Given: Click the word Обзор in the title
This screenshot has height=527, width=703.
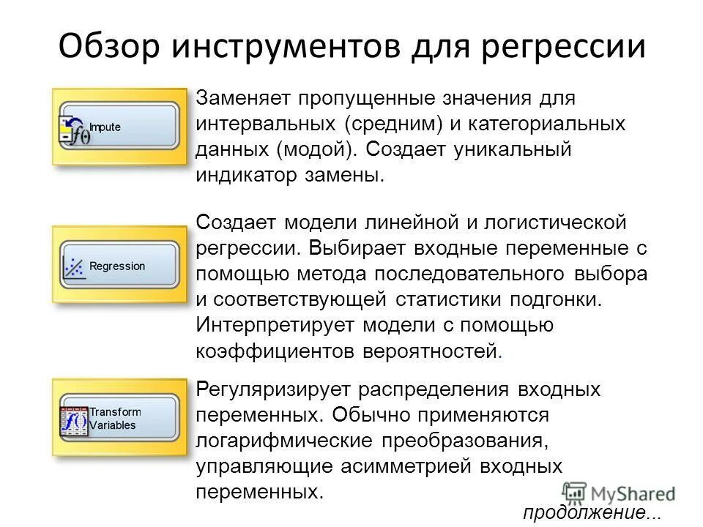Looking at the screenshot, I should (108, 46).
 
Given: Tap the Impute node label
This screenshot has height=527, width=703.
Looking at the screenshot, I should (105, 127).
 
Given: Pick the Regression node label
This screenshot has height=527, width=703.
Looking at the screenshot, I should (117, 266).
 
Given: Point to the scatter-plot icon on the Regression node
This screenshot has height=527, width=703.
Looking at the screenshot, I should (74, 266).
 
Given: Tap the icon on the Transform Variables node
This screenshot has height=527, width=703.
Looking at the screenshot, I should (73, 421).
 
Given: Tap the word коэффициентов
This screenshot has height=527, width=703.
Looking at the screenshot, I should (276, 351).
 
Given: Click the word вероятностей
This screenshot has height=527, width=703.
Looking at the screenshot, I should (430, 351).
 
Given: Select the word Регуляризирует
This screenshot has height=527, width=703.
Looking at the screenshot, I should (266, 389).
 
